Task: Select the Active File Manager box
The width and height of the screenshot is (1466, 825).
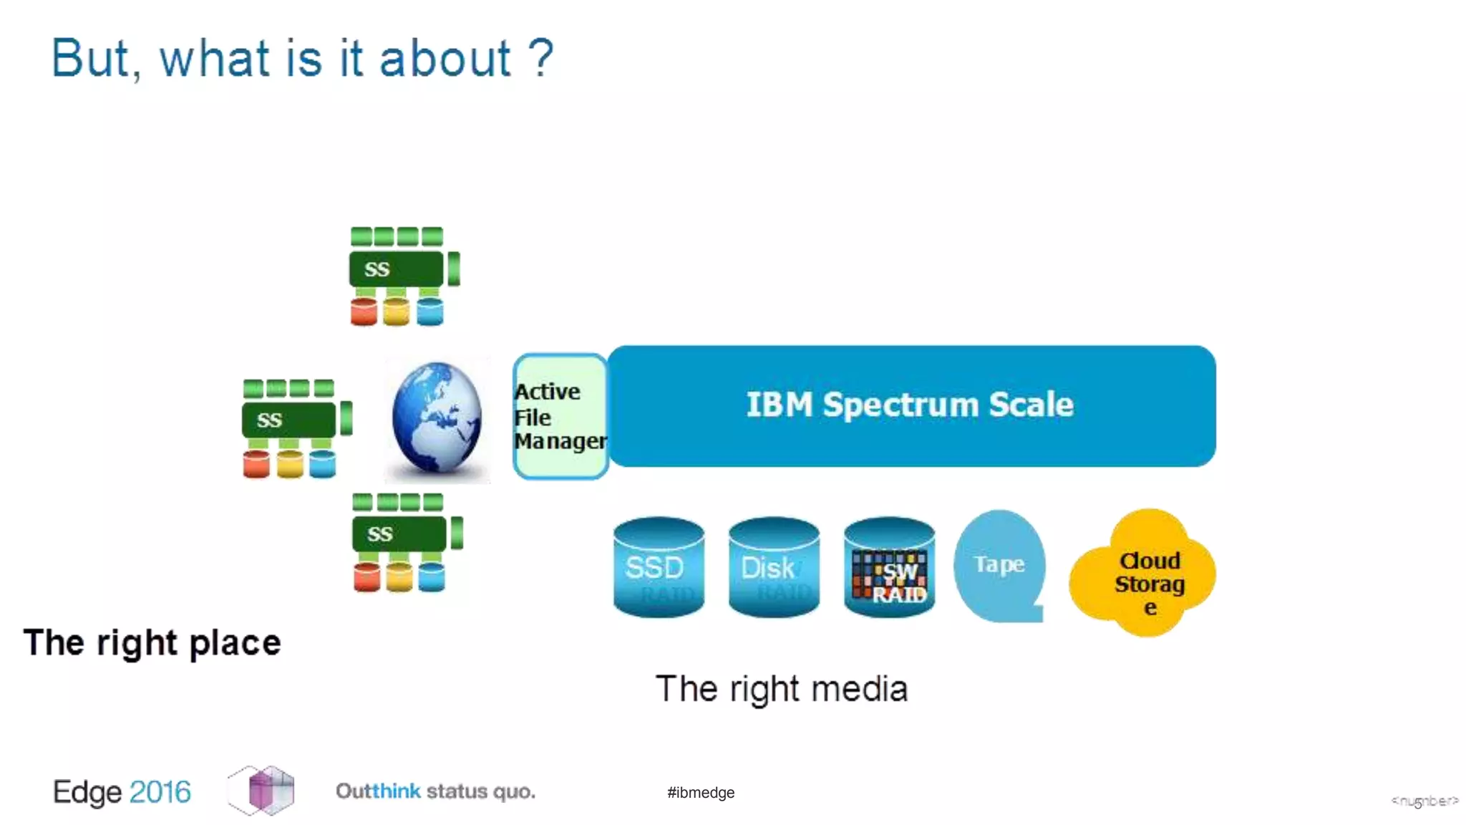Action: [x=560, y=417]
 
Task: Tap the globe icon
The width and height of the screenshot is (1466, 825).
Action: [x=437, y=418]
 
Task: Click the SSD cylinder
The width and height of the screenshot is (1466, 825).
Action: [x=659, y=567]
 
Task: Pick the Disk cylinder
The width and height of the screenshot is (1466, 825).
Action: [x=773, y=567]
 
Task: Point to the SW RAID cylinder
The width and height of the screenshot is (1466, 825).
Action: [x=889, y=567]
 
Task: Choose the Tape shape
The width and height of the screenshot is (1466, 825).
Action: [x=999, y=566]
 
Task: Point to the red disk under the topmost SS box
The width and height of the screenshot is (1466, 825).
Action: [x=364, y=312]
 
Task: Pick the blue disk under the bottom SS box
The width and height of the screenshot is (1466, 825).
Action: [x=432, y=577]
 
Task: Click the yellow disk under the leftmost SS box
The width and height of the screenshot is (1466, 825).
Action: [x=290, y=464]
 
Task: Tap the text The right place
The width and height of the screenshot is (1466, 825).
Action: [x=152, y=642]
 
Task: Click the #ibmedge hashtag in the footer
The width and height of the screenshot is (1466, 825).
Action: [x=700, y=792]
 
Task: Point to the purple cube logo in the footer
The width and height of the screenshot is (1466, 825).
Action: [x=262, y=790]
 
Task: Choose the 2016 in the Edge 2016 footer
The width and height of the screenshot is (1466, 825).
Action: [x=160, y=792]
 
